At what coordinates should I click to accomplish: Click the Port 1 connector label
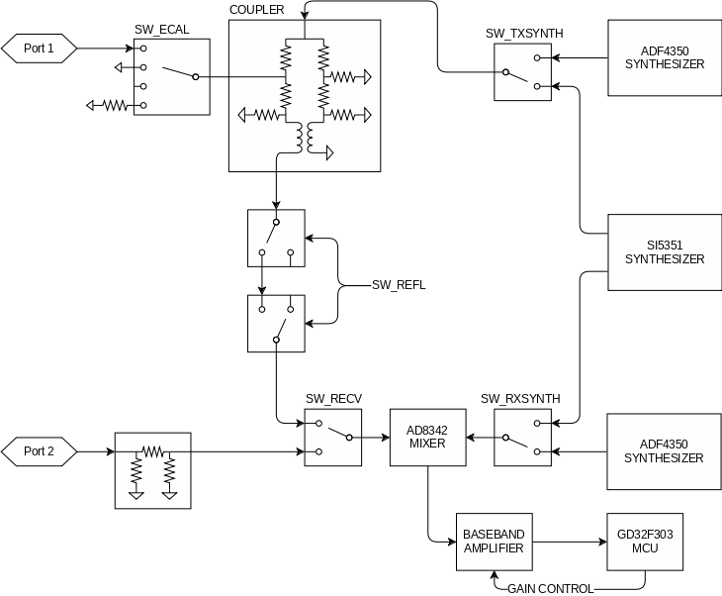coord(39,48)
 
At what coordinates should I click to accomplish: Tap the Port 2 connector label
coord(39,452)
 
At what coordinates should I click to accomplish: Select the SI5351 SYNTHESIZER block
coord(665,252)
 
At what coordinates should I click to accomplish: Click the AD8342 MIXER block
coord(427,437)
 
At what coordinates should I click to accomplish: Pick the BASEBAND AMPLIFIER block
coord(494,543)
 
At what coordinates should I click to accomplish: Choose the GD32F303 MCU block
coord(645,543)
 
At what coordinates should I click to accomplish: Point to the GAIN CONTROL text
coord(551,589)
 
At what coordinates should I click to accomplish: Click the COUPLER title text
coord(257,10)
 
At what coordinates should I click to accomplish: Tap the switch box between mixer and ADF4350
coord(523,437)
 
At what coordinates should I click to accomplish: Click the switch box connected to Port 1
coord(171,76)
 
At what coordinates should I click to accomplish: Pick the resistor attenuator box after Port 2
coord(153,464)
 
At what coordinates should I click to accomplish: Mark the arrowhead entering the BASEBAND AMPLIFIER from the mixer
coord(450,541)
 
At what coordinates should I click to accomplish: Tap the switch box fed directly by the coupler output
coord(277,238)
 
